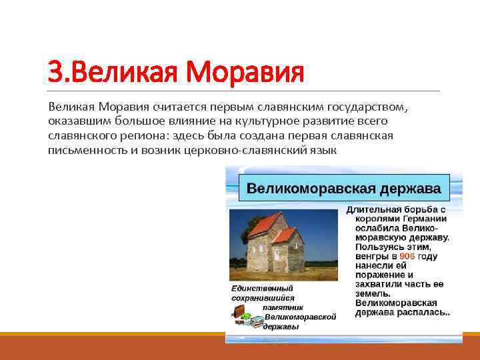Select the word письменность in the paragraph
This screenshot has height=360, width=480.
pos(81,150)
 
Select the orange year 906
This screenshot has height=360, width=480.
pos(408,256)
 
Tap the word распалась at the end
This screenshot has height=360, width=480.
pos(423,312)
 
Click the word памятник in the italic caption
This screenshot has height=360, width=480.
pos(283,307)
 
